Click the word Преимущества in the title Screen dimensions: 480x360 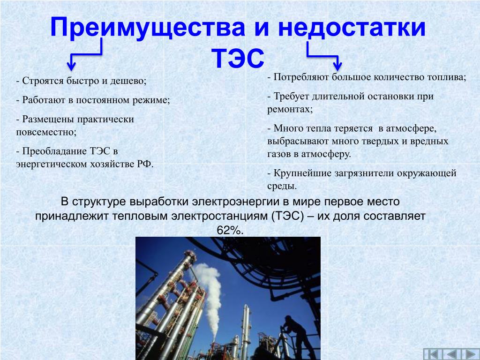pyautogui.click(x=148, y=28)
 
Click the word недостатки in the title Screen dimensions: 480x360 pyautogui.click(x=352, y=28)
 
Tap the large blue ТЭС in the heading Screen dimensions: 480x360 pyautogui.click(x=238, y=58)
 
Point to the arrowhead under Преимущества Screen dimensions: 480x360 pyautogui.click(x=71, y=66)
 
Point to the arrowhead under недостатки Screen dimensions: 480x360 pyautogui.click(x=337, y=66)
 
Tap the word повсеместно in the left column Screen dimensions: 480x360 pyautogui.click(x=46, y=132)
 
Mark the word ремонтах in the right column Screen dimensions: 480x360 pyautogui.click(x=290, y=110)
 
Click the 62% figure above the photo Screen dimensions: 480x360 pyautogui.click(x=230, y=230)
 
